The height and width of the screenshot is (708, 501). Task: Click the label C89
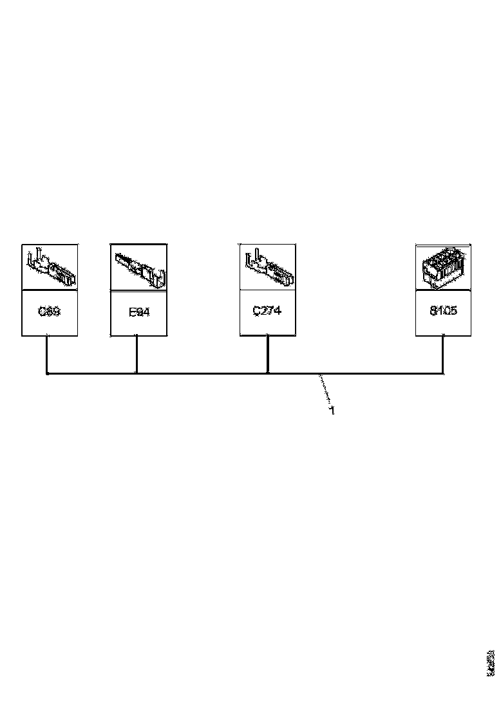pyautogui.click(x=49, y=312)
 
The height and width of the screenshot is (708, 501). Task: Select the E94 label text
pyautogui.click(x=138, y=313)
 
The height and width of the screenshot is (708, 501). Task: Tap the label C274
pyautogui.click(x=267, y=310)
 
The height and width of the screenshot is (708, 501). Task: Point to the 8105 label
pyautogui.click(x=443, y=311)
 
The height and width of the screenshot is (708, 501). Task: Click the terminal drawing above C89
pyautogui.click(x=50, y=267)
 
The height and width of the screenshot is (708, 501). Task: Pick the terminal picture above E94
pyautogui.click(x=139, y=267)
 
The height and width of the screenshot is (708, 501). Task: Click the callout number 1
pyautogui.click(x=332, y=410)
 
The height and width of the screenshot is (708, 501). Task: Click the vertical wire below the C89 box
pyautogui.click(x=46, y=354)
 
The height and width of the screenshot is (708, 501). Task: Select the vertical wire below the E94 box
pyautogui.click(x=137, y=354)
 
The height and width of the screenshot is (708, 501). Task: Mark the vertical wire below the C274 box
pyautogui.click(x=268, y=354)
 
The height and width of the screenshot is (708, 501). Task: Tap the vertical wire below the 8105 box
pyautogui.click(x=442, y=354)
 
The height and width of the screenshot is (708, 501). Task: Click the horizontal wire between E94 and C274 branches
pyautogui.click(x=202, y=373)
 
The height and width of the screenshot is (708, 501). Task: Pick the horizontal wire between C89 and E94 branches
pyautogui.click(x=91, y=373)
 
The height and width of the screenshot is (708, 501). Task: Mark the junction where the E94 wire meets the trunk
pyautogui.click(x=137, y=373)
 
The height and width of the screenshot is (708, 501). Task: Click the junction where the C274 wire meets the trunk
pyautogui.click(x=268, y=373)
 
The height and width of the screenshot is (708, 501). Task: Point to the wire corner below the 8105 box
pyautogui.click(x=442, y=373)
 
